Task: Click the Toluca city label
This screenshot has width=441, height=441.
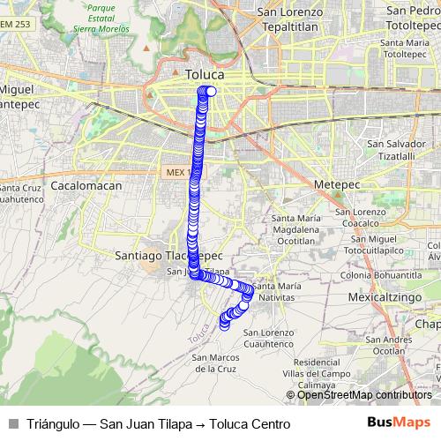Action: pyautogui.click(x=205, y=76)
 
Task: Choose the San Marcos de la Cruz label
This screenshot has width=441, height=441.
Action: pyautogui.click(x=216, y=363)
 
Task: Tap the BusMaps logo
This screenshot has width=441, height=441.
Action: pyautogui.click(x=399, y=423)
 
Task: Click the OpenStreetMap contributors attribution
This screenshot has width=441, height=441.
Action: pyautogui.click(x=364, y=395)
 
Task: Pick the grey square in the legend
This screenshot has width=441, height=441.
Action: pyautogui.click(x=13, y=424)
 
